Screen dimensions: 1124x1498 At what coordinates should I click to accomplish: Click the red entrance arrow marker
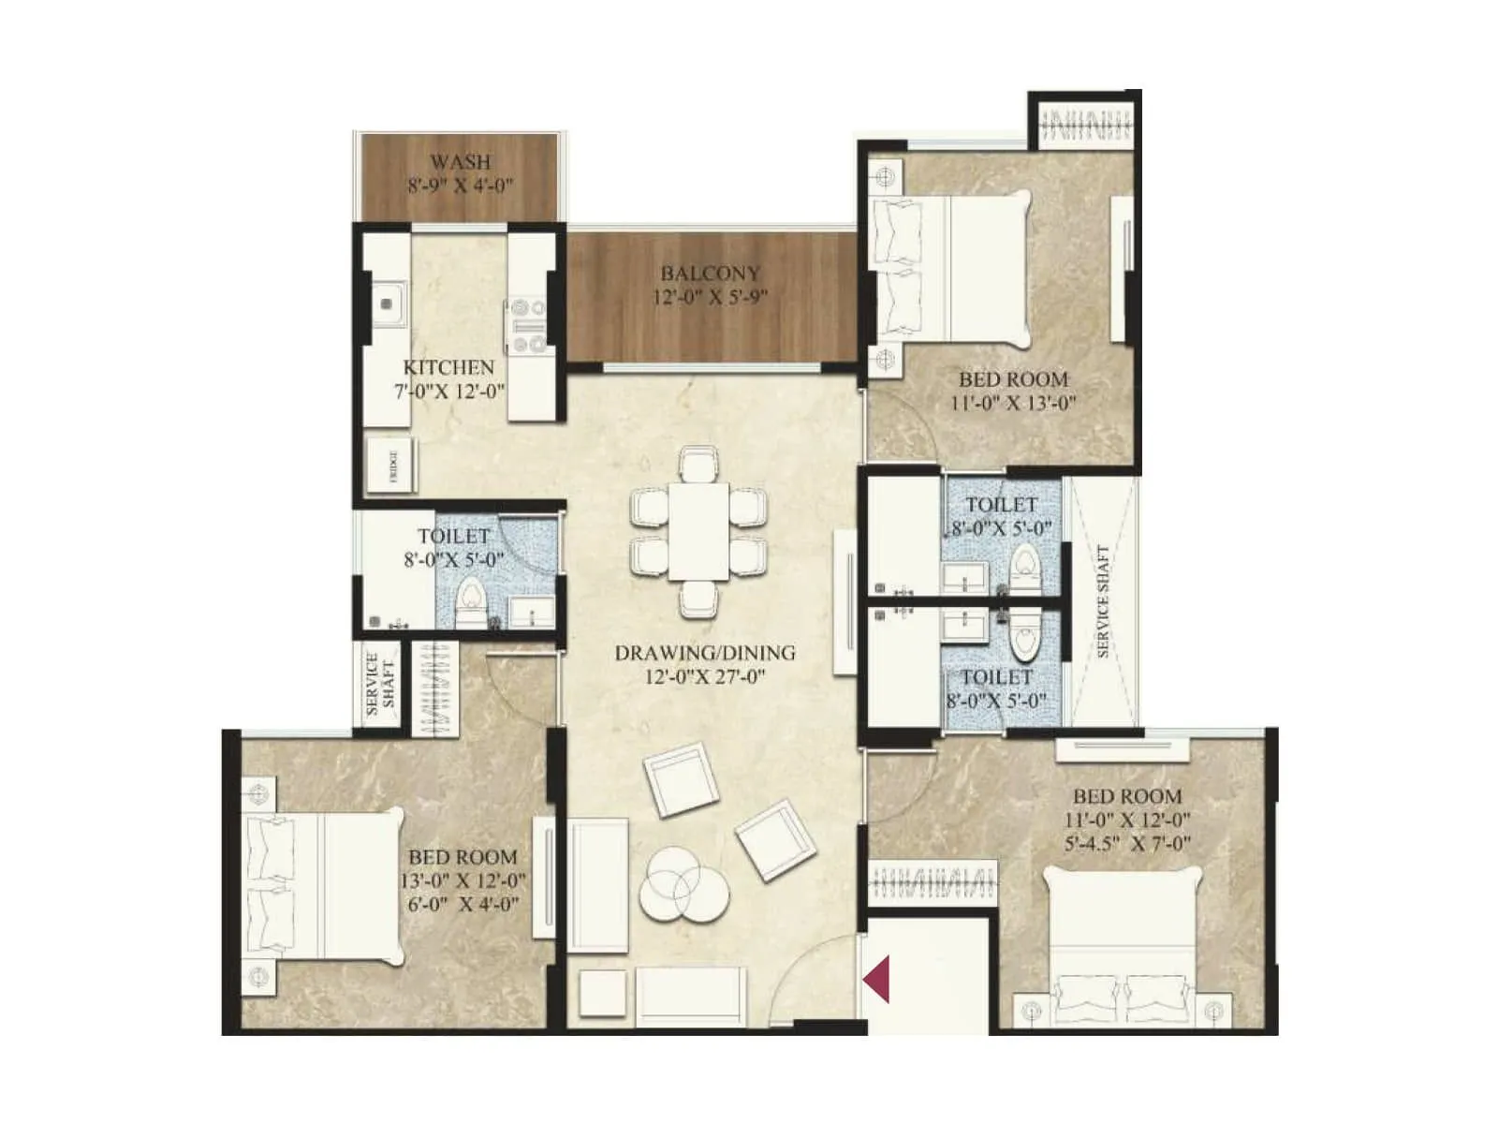coord(876,980)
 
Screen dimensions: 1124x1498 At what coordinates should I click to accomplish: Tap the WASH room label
coord(460,162)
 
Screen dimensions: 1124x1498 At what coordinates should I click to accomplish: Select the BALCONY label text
coord(710,274)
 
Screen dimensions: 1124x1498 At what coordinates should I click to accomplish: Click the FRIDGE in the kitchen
coord(391,466)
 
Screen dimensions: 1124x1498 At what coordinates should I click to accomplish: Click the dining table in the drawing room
coord(698,531)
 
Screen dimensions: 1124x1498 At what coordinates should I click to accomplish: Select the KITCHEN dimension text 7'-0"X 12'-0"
coord(449,392)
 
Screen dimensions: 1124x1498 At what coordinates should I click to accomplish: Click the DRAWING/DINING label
coord(705,653)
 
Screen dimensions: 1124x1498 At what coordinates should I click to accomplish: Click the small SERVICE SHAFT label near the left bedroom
coord(380,685)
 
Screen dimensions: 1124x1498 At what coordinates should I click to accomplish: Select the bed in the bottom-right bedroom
coord(1122,946)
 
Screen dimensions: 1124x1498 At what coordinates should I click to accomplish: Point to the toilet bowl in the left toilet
coord(470,599)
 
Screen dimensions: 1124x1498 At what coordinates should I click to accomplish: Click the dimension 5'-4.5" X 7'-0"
coord(1127,844)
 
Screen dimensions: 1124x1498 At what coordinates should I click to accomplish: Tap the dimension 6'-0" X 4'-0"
coord(463,905)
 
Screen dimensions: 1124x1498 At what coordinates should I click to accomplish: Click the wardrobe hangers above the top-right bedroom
coord(1086,125)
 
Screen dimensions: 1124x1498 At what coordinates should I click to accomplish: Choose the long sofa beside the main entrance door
coord(691,995)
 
